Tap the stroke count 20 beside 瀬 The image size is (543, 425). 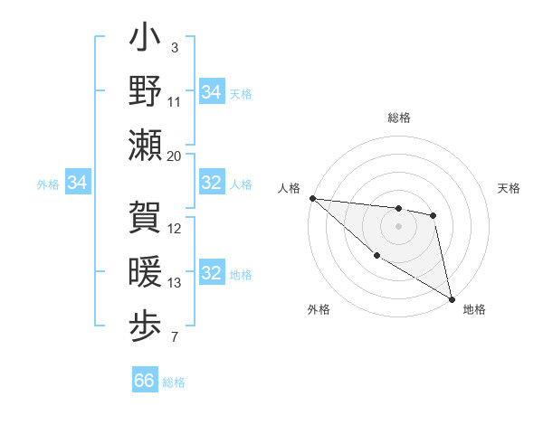(x=175, y=156)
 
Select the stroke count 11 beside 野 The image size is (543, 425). (x=175, y=102)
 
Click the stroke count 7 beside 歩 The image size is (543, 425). (x=175, y=338)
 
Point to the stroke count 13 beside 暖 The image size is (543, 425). (x=175, y=283)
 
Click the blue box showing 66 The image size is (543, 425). (x=145, y=381)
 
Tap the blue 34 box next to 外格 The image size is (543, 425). (x=78, y=184)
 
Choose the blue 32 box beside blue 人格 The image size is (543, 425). (x=212, y=184)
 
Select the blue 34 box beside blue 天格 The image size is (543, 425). (x=212, y=92)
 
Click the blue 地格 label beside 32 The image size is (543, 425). (x=241, y=275)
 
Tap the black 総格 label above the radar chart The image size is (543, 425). (x=399, y=118)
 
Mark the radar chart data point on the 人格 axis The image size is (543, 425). (x=312, y=198)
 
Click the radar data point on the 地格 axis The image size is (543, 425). (x=452, y=298)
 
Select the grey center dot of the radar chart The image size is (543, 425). (x=398, y=225)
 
